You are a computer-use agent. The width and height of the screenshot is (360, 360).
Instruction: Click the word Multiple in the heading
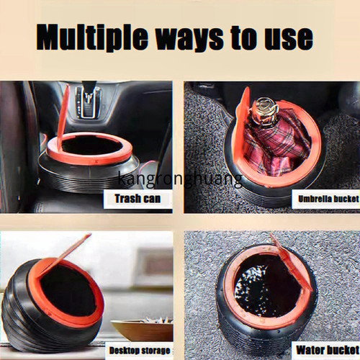(x=92, y=37)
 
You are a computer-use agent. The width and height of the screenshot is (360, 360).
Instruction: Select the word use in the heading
(x=289, y=38)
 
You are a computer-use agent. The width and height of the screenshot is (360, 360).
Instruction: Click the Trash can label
(x=138, y=199)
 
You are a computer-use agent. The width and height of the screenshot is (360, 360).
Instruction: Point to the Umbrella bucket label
(x=328, y=199)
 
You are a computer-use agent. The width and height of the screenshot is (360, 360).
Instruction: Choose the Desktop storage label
(x=140, y=351)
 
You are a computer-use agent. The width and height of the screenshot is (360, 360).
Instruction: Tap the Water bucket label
(x=328, y=350)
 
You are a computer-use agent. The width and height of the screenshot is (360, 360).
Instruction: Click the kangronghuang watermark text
(x=180, y=179)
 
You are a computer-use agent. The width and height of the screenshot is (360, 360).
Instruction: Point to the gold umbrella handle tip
(x=265, y=107)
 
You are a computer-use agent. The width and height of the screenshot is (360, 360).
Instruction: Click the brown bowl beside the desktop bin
(x=143, y=330)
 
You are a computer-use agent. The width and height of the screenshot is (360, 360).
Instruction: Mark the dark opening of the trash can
(x=91, y=145)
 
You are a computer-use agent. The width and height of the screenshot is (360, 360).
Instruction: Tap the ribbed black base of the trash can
(x=89, y=179)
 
